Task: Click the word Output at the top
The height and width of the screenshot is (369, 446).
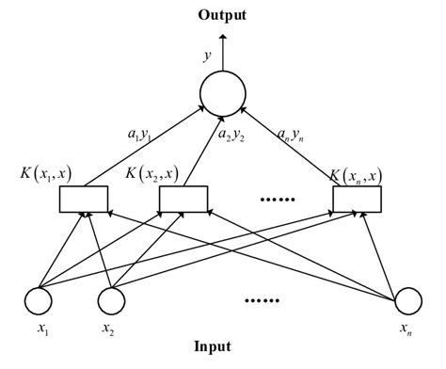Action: click(x=222, y=16)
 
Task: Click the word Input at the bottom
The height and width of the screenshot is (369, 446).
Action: click(x=222, y=346)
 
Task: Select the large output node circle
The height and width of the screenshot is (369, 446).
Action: click(x=223, y=92)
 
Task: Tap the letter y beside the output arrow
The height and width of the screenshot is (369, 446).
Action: click(x=206, y=56)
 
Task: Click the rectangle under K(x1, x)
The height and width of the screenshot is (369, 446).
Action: click(x=85, y=199)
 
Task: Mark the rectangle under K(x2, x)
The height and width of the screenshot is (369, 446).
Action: click(x=183, y=199)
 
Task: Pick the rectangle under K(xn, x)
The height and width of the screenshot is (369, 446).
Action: click(x=358, y=199)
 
